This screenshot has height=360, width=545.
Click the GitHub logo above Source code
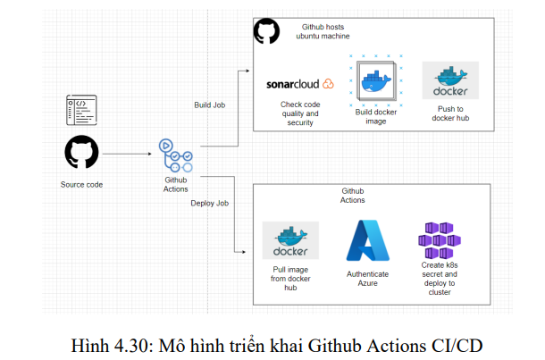click(x=81, y=153)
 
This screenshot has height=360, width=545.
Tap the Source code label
click(x=81, y=185)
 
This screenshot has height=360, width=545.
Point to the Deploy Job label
click(x=210, y=203)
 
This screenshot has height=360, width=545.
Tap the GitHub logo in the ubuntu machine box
click(x=266, y=32)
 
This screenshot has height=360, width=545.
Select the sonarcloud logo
click(x=299, y=84)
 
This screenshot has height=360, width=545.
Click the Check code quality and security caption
click(x=299, y=113)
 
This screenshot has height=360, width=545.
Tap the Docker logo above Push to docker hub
click(x=450, y=80)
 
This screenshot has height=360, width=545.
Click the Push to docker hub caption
click(x=450, y=113)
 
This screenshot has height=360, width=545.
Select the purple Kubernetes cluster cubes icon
click(x=439, y=239)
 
